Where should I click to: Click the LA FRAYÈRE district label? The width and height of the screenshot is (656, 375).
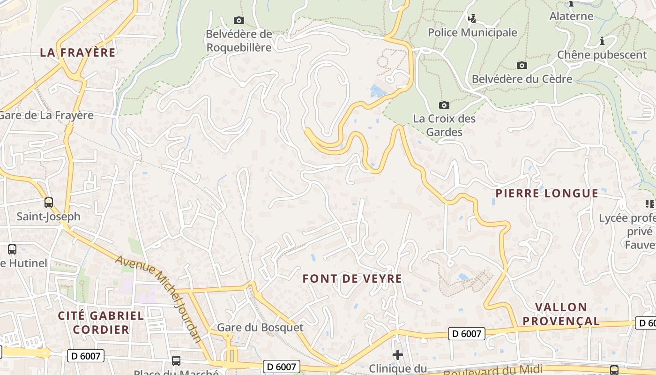click(x=78, y=52)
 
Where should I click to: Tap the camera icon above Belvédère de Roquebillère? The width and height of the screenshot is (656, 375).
click(x=239, y=20)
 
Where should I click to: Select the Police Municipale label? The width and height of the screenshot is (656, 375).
click(x=472, y=32)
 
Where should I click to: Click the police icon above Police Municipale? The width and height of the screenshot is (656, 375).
click(x=472, y=19)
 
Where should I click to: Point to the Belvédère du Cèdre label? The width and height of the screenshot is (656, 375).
click(x=522, y=79)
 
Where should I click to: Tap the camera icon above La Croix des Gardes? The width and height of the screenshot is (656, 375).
click(x=444, y=105)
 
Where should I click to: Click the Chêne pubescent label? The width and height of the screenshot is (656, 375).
click(x=602, y=55)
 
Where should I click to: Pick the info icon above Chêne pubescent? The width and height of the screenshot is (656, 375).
click(x=602, y=41)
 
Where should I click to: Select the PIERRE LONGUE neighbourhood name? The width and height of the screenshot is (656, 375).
click(x=547, y=193)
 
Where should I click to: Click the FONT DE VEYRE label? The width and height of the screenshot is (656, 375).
click(x=352, y=278)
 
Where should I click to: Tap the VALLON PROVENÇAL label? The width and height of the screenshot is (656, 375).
click(x=561, y=314)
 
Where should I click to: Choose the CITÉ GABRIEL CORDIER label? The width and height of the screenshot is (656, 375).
click(x=101, y=322)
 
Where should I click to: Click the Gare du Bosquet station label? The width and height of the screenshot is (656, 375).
click(x=260, y=327)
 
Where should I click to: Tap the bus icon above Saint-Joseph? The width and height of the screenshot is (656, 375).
click(x=49, y=202)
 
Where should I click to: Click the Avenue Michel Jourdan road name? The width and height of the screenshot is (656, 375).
click(x=158, y=300)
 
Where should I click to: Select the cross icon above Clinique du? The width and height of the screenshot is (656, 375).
click(x=398, y=355)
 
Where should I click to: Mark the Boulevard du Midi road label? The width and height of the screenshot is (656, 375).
click(x=492, y=370)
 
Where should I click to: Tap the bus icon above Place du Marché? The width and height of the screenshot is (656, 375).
click(x=176, y=360)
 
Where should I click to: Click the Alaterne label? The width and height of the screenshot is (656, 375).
click(x=571, y=16)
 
